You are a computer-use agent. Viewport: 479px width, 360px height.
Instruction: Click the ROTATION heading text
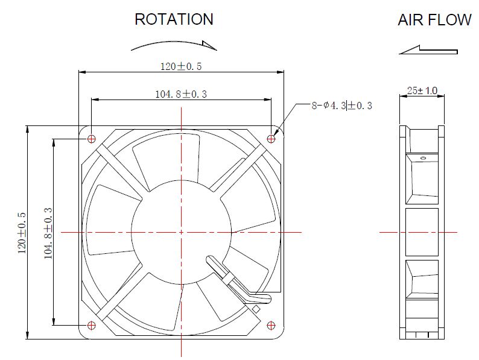[174, 19]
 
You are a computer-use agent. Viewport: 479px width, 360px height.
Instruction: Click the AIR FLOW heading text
[435, 20]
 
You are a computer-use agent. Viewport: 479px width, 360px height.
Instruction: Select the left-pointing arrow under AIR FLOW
[428, 50]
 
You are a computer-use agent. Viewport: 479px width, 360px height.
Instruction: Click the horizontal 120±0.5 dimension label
[181, 66]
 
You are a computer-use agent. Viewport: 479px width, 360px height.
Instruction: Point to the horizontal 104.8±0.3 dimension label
[181, 93]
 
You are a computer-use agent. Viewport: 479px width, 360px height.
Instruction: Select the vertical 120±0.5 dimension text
[22, 233]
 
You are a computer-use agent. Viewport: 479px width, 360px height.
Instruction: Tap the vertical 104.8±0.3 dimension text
[48, 233]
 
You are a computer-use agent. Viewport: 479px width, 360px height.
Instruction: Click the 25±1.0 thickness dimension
[422, 90]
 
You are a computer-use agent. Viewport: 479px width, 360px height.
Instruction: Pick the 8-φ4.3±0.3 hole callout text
[342, 106]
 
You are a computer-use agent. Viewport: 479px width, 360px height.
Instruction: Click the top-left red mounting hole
[91, 139]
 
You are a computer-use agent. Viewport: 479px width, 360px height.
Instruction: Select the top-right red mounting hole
[271, 139]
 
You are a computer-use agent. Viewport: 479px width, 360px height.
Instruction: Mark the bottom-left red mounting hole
[91, 326]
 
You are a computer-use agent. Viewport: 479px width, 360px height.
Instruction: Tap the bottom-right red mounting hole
[271, 326]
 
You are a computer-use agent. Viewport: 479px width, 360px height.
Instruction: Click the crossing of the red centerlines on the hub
[181, 232]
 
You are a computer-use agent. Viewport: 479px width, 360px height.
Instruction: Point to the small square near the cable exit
[256, 309]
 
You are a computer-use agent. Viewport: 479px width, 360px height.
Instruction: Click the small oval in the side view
[423, 158]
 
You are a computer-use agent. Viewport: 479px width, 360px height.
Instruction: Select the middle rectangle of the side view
[422, 232]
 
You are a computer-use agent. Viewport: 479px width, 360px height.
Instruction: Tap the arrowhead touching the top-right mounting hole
[276, 132]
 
